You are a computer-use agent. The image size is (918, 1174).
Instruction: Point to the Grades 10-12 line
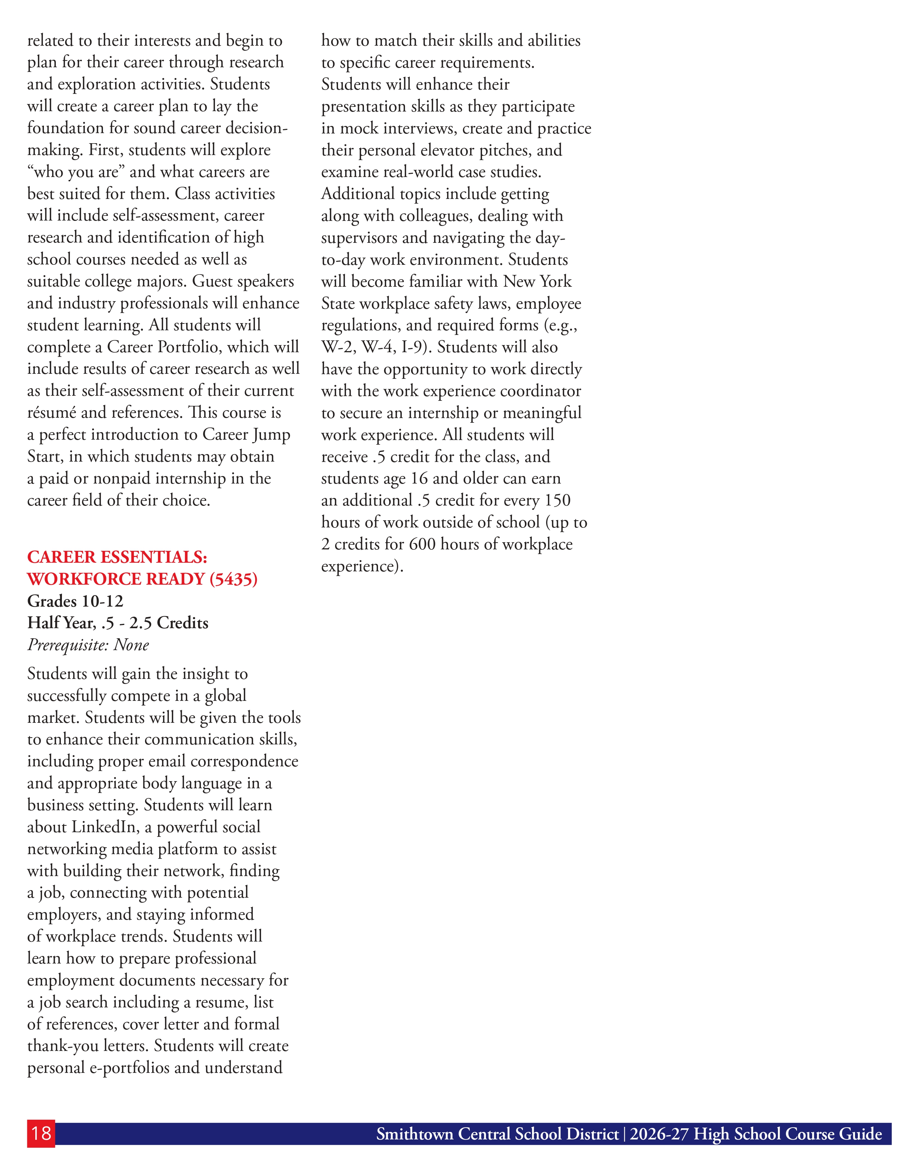tap(75, 601)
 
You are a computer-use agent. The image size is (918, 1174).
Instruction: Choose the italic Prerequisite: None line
tap(88, 644)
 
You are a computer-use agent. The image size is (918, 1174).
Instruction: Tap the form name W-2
tap(338, 347)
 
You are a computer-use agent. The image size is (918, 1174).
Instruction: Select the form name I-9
tap(416, 347)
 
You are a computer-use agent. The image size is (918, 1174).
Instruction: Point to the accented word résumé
tap(51, 413)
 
